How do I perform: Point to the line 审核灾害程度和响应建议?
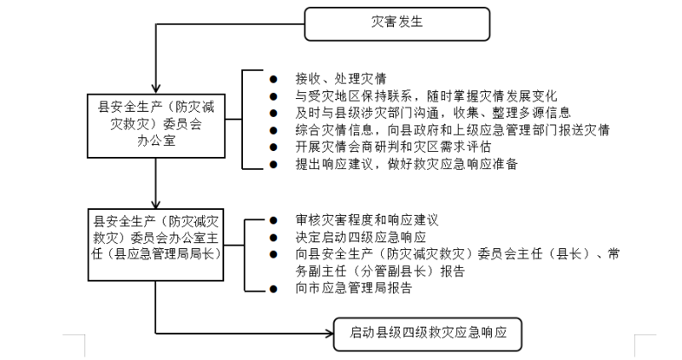click(x=355, y=219)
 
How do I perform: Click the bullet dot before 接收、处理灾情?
click(x=273, y=78)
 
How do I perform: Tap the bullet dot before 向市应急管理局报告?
click(x=273, y=289)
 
